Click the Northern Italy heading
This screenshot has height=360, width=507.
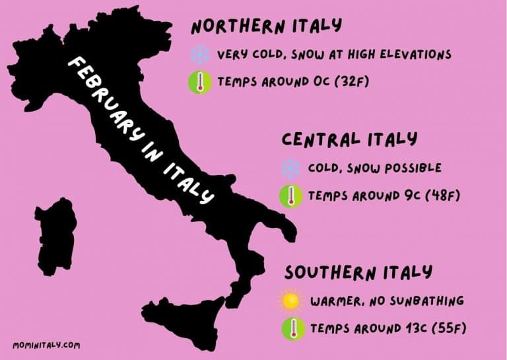[266, 26]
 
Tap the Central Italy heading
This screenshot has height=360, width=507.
[349, 139]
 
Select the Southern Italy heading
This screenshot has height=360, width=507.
[358, 272]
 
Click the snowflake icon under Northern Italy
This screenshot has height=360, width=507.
[199, 54]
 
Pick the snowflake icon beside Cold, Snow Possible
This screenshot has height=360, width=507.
[290, 168]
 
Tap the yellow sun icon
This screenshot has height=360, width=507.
[290, 301]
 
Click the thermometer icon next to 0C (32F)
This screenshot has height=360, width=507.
[199, 83]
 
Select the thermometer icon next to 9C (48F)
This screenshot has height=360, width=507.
[290, 196]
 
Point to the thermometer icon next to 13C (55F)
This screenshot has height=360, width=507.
[290, 328]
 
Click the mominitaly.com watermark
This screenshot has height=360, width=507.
[46, 345]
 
